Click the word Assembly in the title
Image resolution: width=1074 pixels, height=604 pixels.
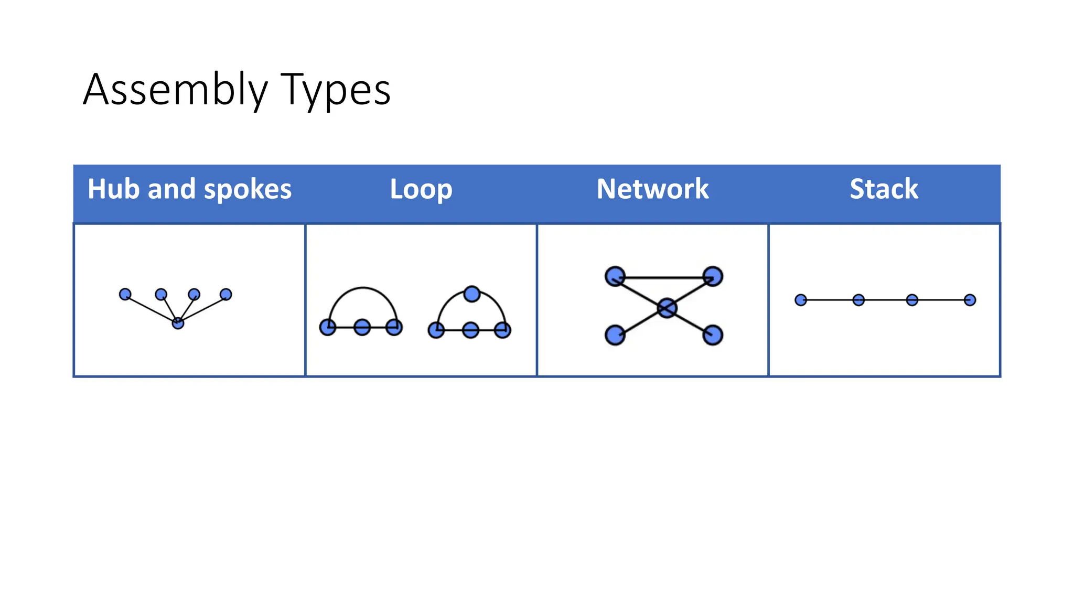tap(176, 90)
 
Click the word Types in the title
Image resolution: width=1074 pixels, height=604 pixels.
tap(336, 90)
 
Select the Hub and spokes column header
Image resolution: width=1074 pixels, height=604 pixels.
tap(189, 189)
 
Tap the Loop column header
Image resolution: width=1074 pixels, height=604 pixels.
tap(421, 189)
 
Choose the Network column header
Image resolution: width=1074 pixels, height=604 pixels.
tap(652, 189)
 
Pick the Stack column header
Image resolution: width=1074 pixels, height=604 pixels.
tap(884, 189)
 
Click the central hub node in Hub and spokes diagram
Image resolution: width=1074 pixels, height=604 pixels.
tap(178, 323)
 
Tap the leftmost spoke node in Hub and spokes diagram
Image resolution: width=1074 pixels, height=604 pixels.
tap(125, 294)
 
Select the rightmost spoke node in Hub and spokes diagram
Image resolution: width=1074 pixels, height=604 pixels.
tap(226, 294)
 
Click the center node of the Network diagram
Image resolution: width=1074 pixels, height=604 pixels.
tap(667, 308)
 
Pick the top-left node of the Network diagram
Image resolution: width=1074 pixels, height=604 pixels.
tap(615, 276)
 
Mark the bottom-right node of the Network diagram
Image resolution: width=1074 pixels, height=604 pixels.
tap(713, 335)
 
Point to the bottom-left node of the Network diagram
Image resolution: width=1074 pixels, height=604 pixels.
tap(615, 335)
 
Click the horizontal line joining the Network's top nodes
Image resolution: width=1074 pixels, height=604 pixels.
tap(664, 277)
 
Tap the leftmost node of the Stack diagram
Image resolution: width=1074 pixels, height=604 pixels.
tap(801, 300)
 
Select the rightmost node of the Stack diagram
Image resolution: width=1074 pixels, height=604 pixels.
tap(970, 300)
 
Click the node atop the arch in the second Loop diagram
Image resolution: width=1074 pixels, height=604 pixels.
tap(472, 294)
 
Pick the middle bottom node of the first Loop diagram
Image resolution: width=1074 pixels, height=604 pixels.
tap(362, 328)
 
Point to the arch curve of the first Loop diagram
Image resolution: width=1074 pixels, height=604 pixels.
tap(362, 288)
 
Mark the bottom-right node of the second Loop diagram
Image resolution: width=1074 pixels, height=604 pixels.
tap(502, 330)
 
